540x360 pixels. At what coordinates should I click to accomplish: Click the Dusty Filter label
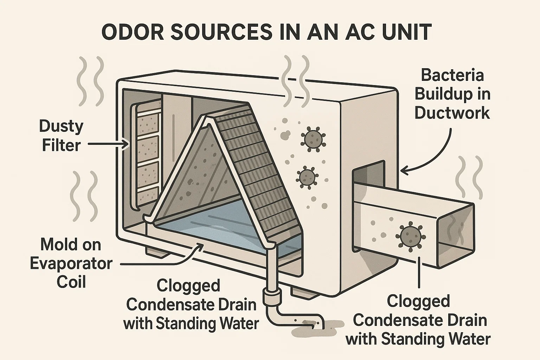[61, 135]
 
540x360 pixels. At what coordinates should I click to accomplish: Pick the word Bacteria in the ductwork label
[452, 75]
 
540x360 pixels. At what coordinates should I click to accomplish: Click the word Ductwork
[452, 113]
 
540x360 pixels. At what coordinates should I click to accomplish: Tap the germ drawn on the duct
[410, 236]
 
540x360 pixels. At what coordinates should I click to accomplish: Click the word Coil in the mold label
[71, 282]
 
